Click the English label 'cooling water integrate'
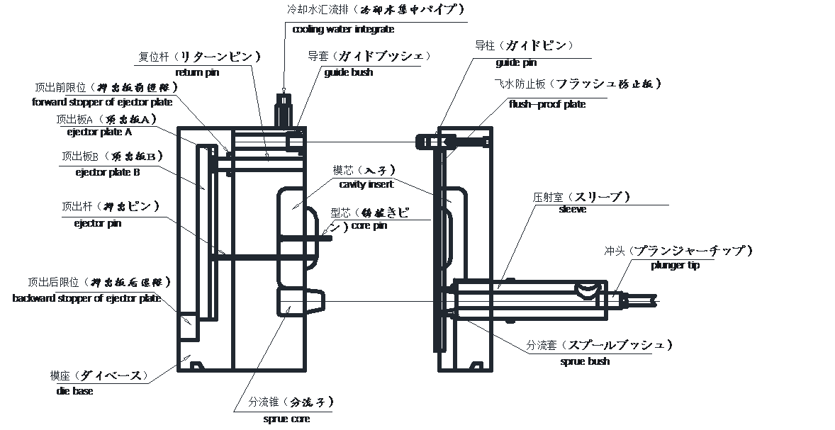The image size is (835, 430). [x=343, y=30]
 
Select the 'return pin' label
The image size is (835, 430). [x=198, y=72]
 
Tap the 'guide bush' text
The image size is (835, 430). [x=348, y=72]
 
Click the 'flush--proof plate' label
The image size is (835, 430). [x=547, y=104]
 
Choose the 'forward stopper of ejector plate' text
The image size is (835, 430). [x=103, y=101]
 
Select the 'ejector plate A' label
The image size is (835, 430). [x=99, y=132]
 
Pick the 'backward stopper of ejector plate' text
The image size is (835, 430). [x=86, y=298]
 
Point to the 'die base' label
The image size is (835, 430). [x=74, y=390]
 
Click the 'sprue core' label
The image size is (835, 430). [x=281, y=419]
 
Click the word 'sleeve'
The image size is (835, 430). [x=572, y=210]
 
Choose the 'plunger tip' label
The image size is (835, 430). [x=675, y=265]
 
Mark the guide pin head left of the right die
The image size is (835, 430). [x=425, y=142]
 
